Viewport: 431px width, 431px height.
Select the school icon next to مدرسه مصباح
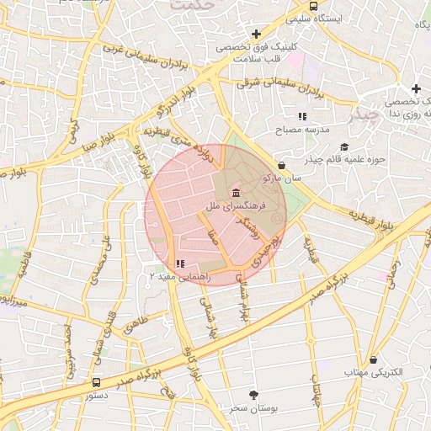[301, 116]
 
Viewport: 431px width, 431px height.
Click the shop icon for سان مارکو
[279, 165]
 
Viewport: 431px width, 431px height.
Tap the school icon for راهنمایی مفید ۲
[180, 263]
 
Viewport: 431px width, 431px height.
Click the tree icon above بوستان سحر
[253, 394]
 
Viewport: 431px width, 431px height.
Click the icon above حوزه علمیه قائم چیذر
[344, 148]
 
